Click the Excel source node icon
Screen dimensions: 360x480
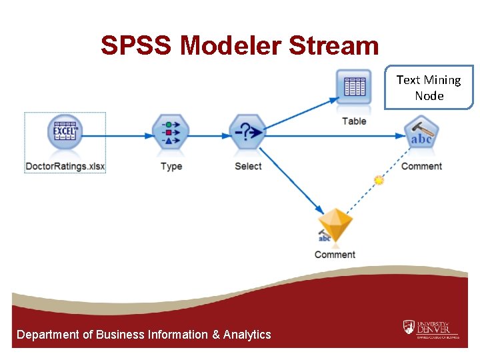tap(65, 132)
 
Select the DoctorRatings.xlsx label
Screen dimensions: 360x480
tap(65, 166)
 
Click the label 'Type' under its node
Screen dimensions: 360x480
tap(171, 166)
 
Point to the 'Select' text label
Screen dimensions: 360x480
tap(248, 166)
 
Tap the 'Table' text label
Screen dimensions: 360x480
tap(354, 121)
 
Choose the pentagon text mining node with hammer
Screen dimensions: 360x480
tap(421, 135)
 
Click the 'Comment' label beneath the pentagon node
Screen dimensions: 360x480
tap(421, 166)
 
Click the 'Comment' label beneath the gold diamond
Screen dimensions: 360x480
tap(335, 255)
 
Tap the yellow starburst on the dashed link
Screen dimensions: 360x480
tap(379, 180)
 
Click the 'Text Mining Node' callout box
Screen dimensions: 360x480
tap(429, 87)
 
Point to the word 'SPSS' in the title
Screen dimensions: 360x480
tap(136, 46)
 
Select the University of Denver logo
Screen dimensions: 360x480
tap(431, 329)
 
